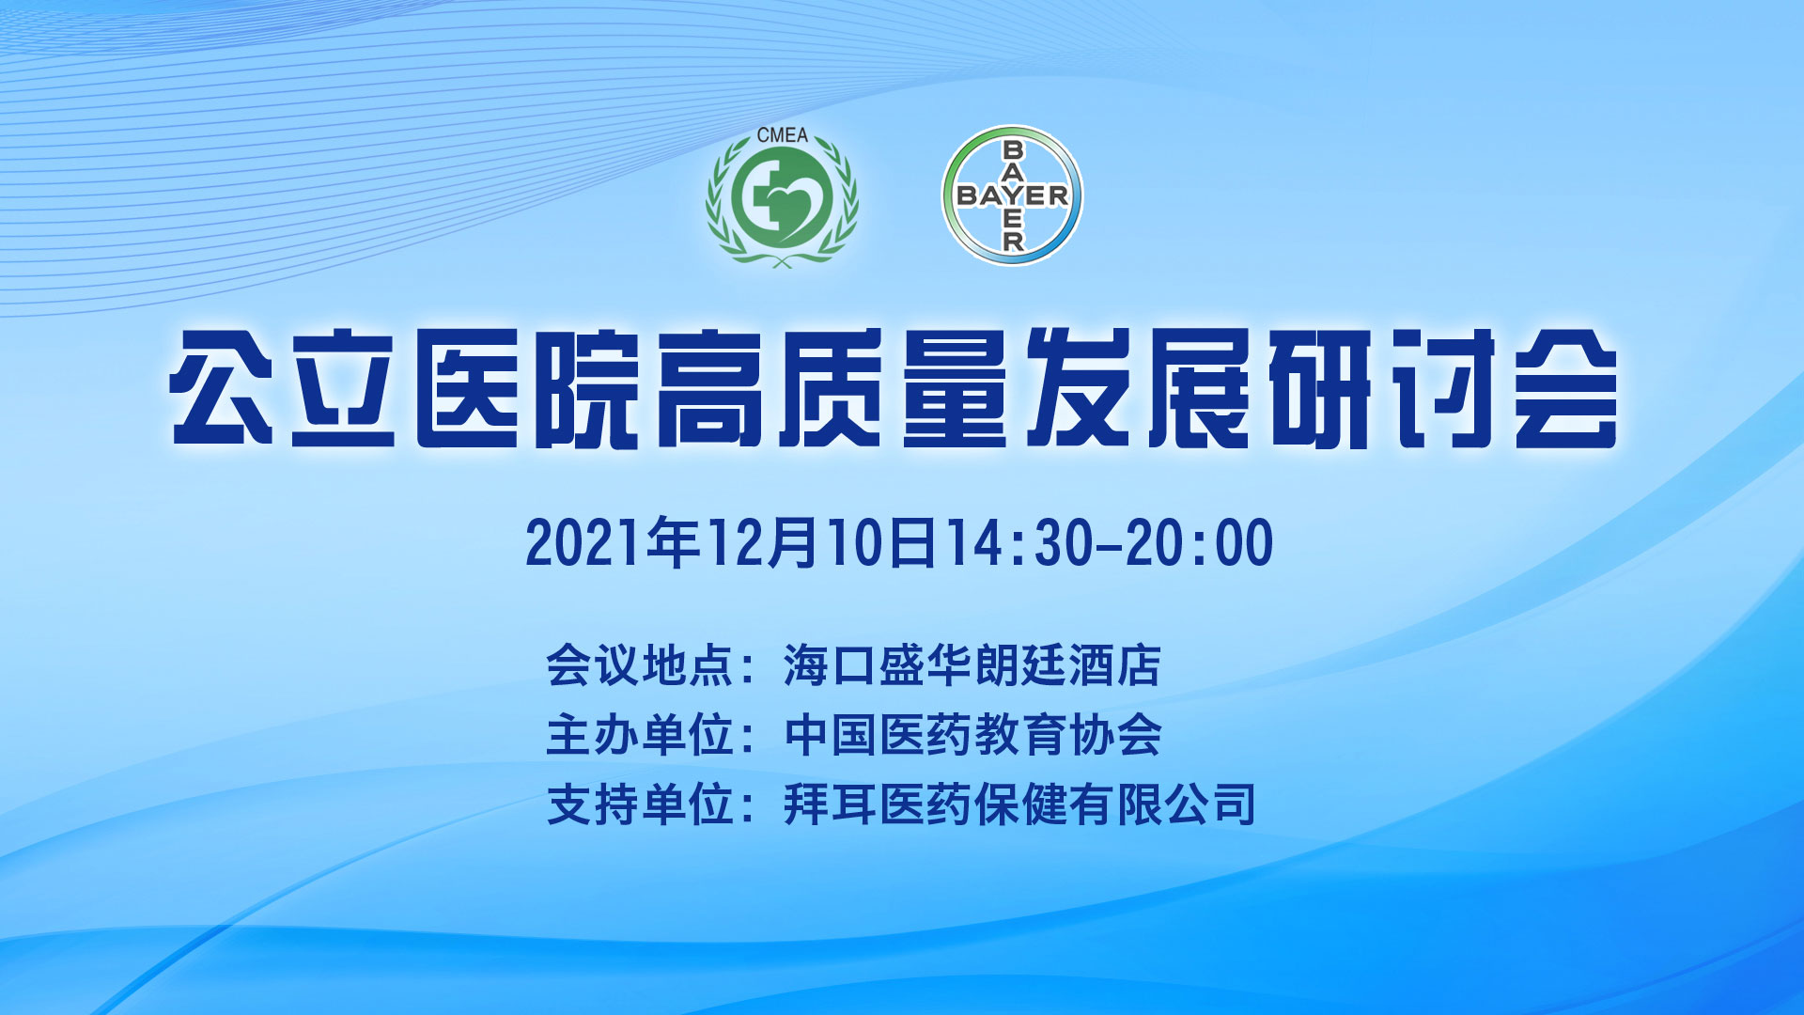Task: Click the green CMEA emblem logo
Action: tap(782, 197)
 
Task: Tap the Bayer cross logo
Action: tap(1012, 195)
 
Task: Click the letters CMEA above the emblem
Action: tap(782, 135)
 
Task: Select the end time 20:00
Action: tap(1200, 543)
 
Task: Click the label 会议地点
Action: tap(639, 665)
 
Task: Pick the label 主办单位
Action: tap(639, 735)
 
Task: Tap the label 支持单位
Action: tap(639, 804)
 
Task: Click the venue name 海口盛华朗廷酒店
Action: tap(972, 665)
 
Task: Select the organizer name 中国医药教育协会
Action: tap(972, 735)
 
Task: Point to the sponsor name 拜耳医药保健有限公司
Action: tap(1019, 804)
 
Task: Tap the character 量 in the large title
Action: tap(954, 387)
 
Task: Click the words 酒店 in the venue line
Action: tap(1115, 665)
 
